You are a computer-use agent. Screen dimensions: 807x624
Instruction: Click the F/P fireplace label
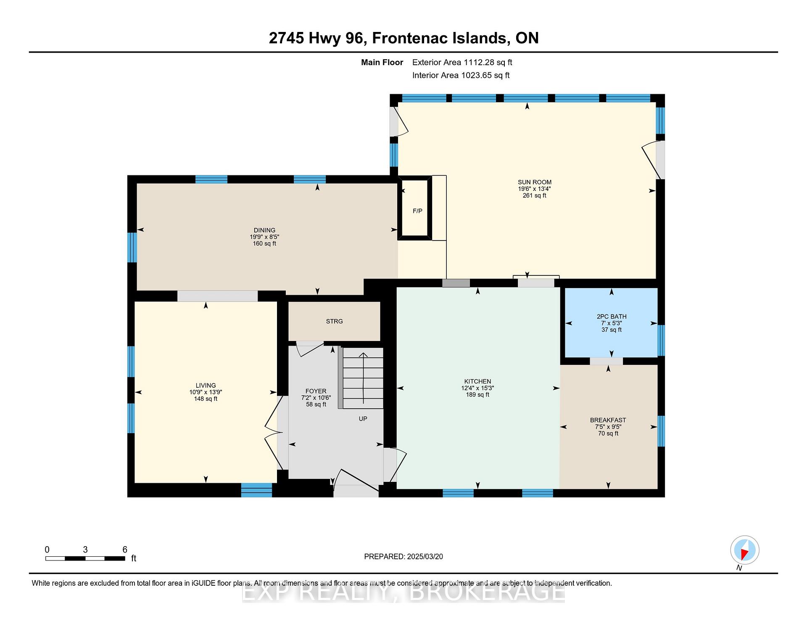point(417,211)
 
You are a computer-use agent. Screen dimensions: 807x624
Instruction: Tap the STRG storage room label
point(335,321)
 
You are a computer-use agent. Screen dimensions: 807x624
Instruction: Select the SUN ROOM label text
point(535,182)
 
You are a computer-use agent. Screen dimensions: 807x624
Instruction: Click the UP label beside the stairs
point(363,419)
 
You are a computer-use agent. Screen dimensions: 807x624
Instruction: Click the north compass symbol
point(745,550)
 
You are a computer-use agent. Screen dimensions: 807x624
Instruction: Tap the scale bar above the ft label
point(85,558)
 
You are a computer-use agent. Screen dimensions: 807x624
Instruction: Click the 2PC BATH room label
point(612,317)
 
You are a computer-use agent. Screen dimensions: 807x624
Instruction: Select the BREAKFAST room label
point(608,420)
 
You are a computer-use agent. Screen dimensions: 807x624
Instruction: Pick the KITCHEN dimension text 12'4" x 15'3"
point(477,388)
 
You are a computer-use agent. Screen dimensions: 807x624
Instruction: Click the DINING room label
point(264,230)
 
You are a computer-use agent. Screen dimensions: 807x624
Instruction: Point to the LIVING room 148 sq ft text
point(206,399)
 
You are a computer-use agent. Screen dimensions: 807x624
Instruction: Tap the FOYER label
point(316,391)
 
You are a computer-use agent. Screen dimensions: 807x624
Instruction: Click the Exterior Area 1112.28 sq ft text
point(462,62)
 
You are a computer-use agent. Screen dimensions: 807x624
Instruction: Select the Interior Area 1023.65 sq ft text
point(461,75)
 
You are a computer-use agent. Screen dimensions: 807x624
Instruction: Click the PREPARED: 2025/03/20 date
point(403,556)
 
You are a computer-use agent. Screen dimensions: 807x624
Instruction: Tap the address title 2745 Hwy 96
point(316,38)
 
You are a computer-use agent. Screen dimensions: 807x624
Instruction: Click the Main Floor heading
point(382,62)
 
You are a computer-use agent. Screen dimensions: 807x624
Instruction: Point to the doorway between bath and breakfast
point(606,361)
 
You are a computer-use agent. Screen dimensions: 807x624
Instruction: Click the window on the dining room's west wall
point(132,247)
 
